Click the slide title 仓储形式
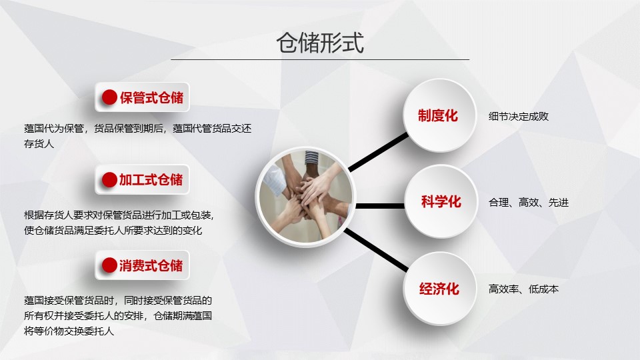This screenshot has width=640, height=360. (320, 43)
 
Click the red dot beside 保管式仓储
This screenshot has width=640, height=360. (109, 97)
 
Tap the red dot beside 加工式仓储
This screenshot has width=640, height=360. (109, 179)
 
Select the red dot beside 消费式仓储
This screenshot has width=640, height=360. (109, 265)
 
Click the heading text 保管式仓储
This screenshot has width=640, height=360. (152, 97)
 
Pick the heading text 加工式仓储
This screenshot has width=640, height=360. (151, 179)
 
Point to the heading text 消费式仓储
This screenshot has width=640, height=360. (151, 265)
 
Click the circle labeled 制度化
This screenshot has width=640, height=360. (439, 115)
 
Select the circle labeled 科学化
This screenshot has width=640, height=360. (441, 201)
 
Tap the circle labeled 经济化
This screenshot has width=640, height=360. (439, 289)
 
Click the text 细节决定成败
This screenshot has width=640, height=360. (519, 116)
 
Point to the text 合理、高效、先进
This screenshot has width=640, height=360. (529, 202)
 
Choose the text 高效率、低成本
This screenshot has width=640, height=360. (524, 289)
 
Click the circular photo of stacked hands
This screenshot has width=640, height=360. (306, 197)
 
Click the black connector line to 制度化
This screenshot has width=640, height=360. (378, 151)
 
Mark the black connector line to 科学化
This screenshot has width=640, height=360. (380, 206)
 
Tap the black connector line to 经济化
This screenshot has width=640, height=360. (376, 250)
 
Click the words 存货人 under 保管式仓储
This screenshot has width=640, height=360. (39, 144)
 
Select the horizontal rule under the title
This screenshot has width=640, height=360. (320, 59)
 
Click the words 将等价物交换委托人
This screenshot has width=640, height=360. (69, 331)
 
